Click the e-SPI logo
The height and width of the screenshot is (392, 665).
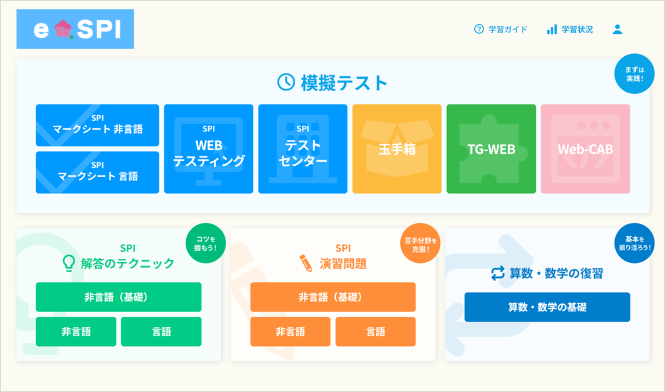tap(75, 29)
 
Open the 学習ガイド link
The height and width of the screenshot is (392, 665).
tap(501, 29)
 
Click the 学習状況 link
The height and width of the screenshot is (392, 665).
tap(570, 29)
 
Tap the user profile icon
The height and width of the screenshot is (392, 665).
tap(618, 29)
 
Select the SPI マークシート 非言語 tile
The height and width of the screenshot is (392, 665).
tap(98, 125)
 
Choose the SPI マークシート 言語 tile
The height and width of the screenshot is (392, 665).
tap(98, 172)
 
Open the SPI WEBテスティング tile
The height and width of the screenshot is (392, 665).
tap(209, 149)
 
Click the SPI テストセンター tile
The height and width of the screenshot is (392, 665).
tap(303, 149)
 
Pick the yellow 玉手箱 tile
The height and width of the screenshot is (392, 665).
tap(397, 149)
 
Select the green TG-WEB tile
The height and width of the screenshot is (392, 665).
tap(491, 149)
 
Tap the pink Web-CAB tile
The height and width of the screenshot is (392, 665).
tap(585, 149)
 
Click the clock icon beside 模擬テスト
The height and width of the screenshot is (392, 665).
tap(286, 82)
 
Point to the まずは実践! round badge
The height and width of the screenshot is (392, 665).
tap(634, 74)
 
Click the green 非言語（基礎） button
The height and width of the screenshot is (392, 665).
tap(119, 297)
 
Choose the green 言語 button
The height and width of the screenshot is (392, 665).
tap(161, 331)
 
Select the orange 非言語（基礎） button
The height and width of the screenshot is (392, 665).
tap(333, 297)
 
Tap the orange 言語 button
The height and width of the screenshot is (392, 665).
tap(376, 331)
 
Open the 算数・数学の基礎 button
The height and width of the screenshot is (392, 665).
tap(547, 307)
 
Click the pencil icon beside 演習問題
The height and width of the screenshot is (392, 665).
tap(305, 263)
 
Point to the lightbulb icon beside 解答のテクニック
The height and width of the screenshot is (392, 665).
tap(68, 263)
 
